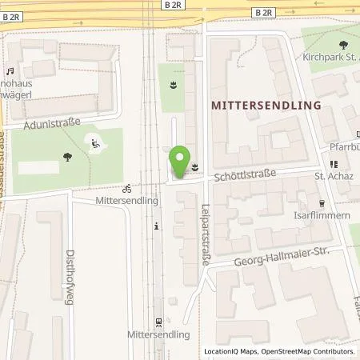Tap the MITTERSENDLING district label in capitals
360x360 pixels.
click(x=265, y=105)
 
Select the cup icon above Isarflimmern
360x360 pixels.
click(x=322, y=202)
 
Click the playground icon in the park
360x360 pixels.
click(x=97, y=145)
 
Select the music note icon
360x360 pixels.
click(x=10, y=72)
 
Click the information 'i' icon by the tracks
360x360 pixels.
click(x=157, y=226)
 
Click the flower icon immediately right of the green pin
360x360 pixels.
click(x=194, y=167)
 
